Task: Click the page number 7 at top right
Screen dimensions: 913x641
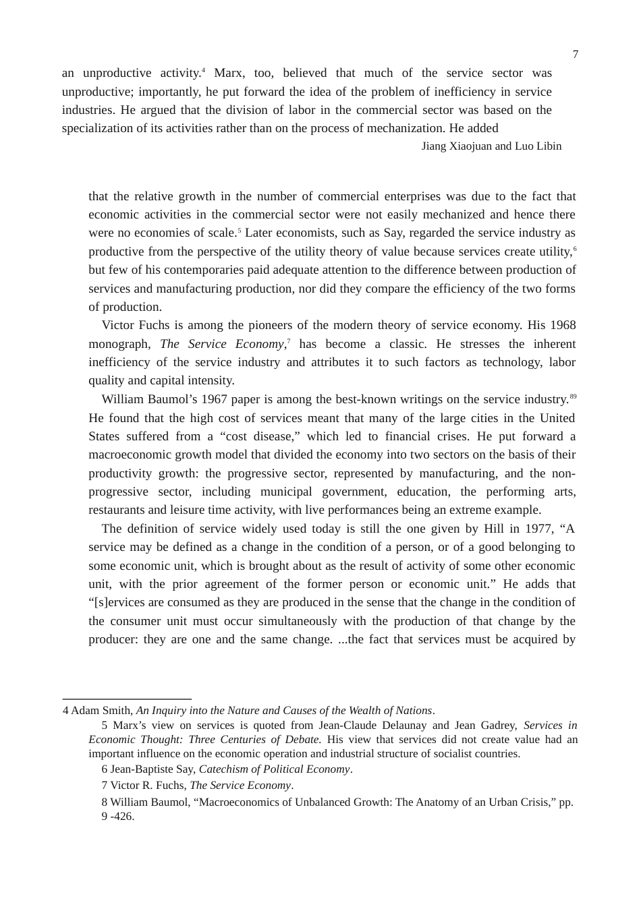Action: (575, 55)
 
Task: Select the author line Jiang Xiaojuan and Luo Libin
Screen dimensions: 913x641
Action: (491, 146)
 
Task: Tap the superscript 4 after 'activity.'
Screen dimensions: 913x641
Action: (203, 69)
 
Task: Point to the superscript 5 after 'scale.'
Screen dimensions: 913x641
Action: (239, 229)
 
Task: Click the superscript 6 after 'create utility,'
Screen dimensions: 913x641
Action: (574, 248)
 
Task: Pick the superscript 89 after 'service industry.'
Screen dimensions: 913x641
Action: (573, 396)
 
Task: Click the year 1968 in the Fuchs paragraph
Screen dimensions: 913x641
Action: (563, 325)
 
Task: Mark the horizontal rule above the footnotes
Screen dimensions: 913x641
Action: (127, 699)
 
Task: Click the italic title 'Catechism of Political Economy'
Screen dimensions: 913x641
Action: (274, 769)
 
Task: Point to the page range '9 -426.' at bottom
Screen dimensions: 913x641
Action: (118, 817)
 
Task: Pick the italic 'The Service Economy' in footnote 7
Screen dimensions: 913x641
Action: (240, 786)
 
